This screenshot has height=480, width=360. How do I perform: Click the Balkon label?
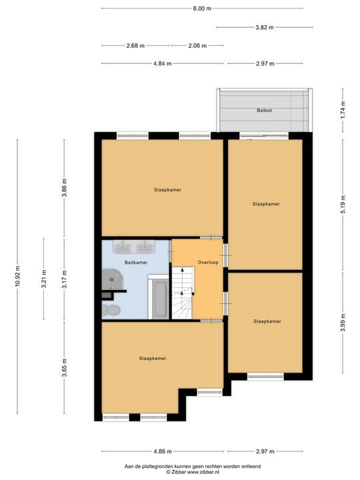tap(265, 111)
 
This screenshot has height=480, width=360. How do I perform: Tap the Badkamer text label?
tap(135, 263)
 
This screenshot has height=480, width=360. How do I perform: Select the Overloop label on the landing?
tap(208, 263)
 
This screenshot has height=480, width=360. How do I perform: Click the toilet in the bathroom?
tap(113, 310)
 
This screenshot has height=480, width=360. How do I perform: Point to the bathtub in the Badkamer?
tap(159, 299)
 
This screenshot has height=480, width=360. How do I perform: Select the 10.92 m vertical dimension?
tap(19, 277)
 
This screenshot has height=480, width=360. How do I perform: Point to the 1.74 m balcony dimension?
tap(343, 109)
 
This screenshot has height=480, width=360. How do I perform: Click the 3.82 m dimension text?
tap(265, 27)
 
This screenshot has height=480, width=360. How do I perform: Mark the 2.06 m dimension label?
tap(196, 45)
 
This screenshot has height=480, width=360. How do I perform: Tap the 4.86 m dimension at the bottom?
tap(163, 451)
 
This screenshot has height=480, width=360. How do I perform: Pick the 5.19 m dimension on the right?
tap(343, 203)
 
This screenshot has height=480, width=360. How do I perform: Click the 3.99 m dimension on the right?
tap(343, 320)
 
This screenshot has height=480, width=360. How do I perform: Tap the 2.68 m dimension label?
tap(135, 45)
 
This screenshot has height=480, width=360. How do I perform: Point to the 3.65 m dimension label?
tap(65, 368)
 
